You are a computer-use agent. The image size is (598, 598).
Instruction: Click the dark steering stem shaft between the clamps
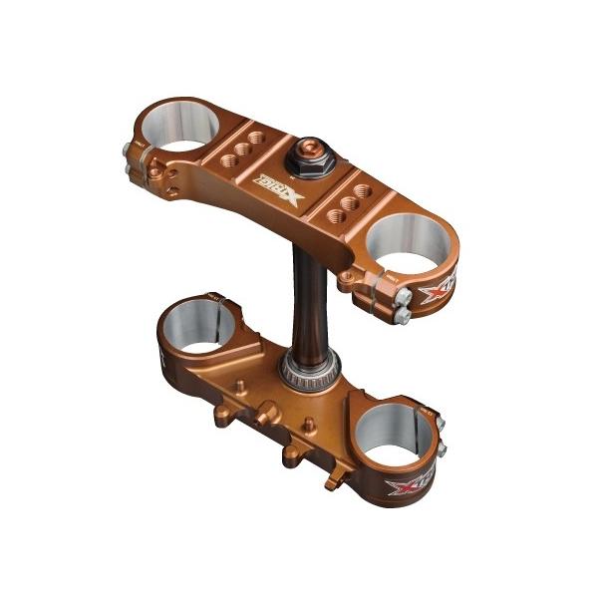[x=302, y=289]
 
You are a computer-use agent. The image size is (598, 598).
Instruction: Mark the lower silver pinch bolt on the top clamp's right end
[x=404, y=316]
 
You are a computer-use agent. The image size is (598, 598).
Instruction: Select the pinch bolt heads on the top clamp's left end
[x=135, y=160]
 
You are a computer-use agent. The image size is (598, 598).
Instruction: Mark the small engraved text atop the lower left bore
[x=212, y=296]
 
